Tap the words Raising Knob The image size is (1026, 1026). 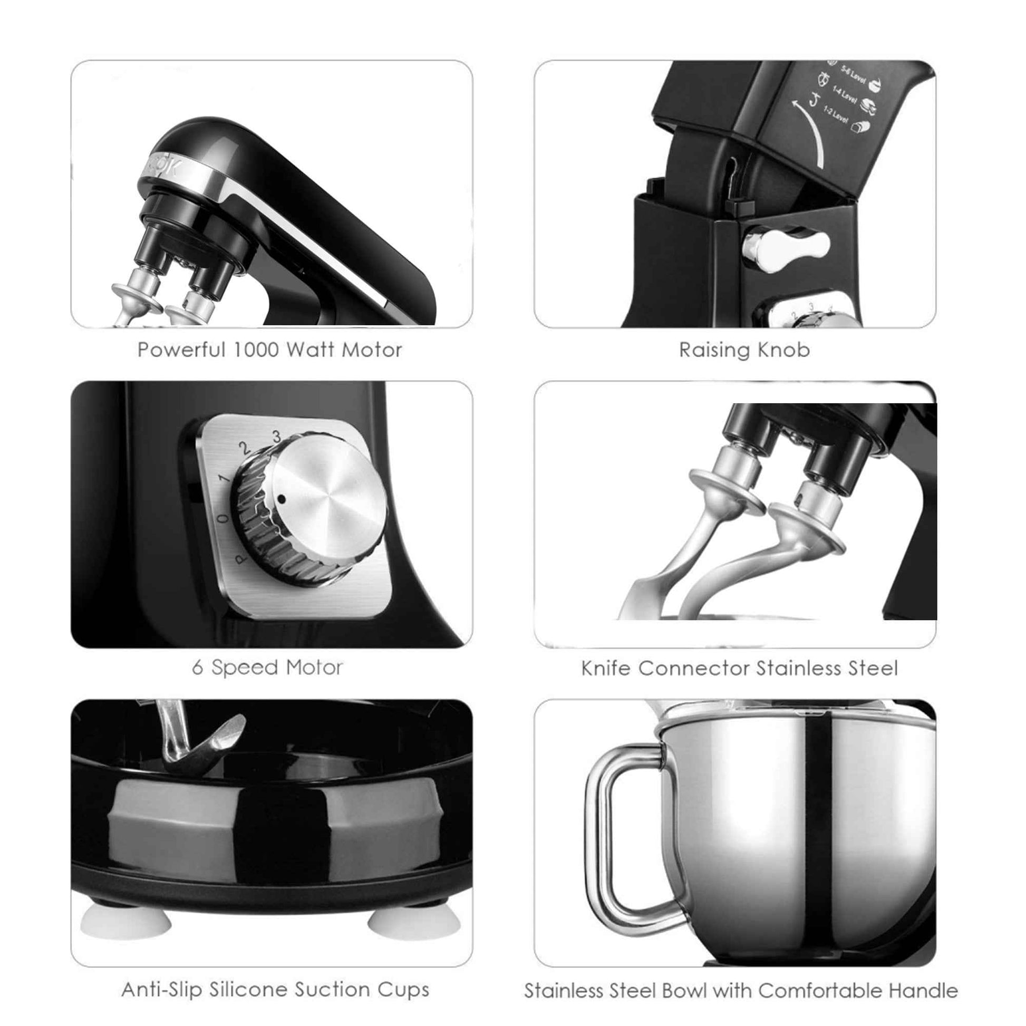pyautogui.click(x=744, y=350)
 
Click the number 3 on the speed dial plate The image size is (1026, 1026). pyautogui.click(x=276, y=437)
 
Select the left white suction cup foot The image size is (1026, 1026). pyautogui.click(x=126, y=924)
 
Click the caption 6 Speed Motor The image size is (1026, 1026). pyautogui.click(x=267, y=667)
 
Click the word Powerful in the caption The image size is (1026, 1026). pyautogui.click(x=181, y=350)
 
